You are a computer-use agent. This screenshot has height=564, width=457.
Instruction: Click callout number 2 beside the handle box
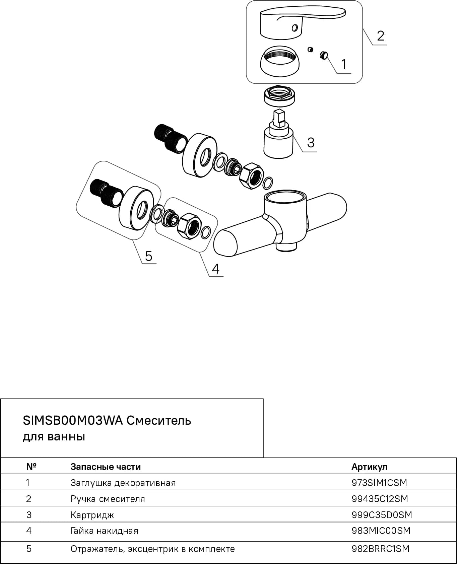(x=380, y=36)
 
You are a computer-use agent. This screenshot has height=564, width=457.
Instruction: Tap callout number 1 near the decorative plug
(x=343, y=64)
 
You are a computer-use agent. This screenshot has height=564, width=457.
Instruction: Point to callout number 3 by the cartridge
(x=311, y=142)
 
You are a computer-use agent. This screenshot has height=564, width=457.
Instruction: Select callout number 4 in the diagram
(x=215, y=269)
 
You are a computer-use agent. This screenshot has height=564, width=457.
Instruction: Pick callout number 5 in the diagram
(x=148, y=256)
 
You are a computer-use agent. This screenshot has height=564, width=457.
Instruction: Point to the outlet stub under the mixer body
(x=286, y=247)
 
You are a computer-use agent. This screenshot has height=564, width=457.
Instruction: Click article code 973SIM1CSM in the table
(x=379, y=483)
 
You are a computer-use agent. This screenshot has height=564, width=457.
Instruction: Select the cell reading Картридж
(x=92, y=515)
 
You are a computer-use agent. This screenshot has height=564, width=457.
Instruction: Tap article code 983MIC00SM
(x=381, y=531)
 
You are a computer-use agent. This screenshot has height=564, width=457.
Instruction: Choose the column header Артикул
(x=369, y=467)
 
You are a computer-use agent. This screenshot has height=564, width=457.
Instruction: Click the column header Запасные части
(x=106, y=467)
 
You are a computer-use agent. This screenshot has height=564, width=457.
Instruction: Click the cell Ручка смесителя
(x=108, y=499)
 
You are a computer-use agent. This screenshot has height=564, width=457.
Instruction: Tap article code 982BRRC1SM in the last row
(x=381, y=549)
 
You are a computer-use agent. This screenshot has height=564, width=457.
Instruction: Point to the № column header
(x=31, y=467)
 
